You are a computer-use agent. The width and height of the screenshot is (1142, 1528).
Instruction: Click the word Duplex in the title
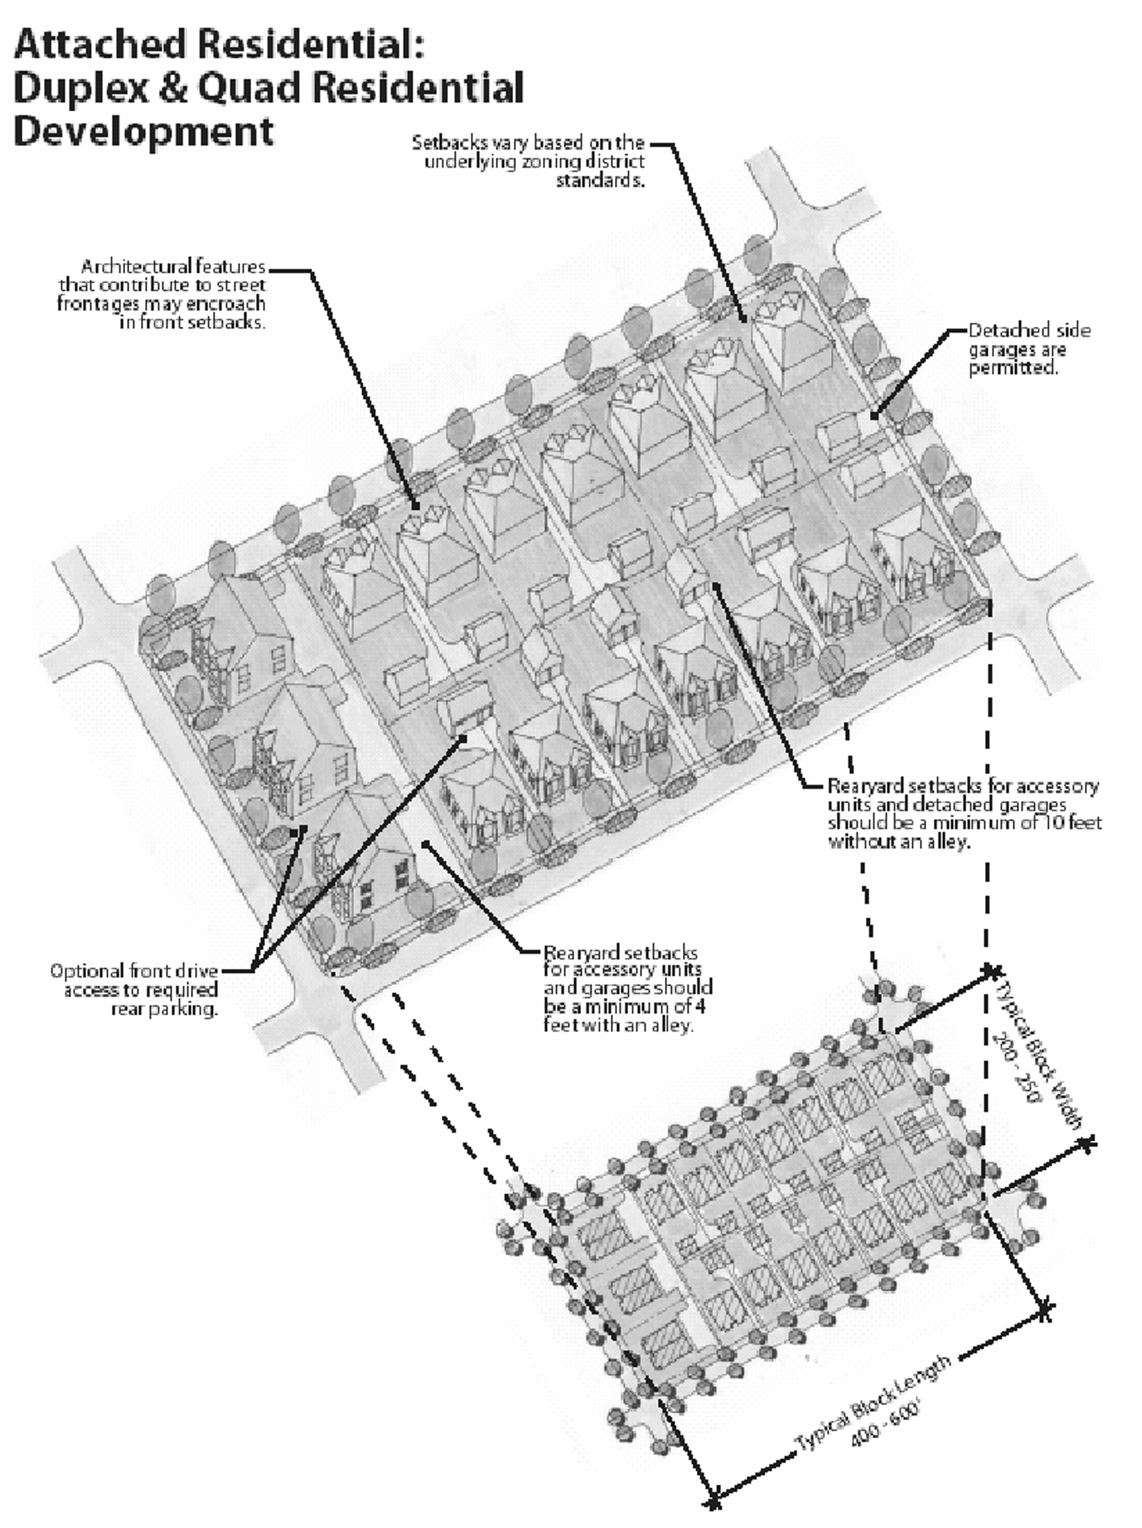coord(80,89)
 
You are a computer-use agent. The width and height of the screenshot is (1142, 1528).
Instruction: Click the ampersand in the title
coord(173,89)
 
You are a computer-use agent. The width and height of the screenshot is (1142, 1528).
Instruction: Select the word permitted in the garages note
coord(1013,367)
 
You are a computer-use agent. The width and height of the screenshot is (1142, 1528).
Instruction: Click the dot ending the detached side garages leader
coord(873,416)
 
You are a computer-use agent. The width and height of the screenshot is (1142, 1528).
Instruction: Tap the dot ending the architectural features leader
coord(416,508)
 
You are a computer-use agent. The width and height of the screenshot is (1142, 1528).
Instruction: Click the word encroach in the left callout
coord(230,304)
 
